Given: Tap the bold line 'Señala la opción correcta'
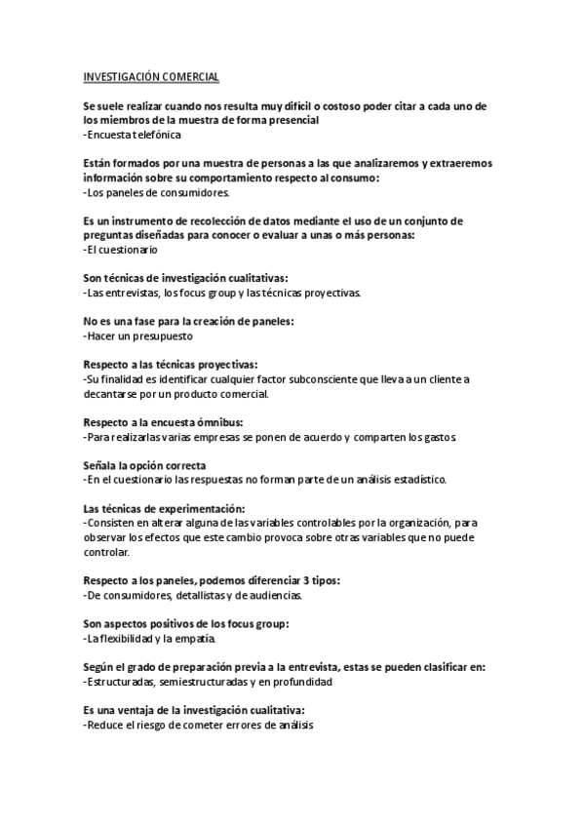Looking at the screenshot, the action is [144, 465].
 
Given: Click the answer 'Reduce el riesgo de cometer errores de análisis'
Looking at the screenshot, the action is [199, 726].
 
